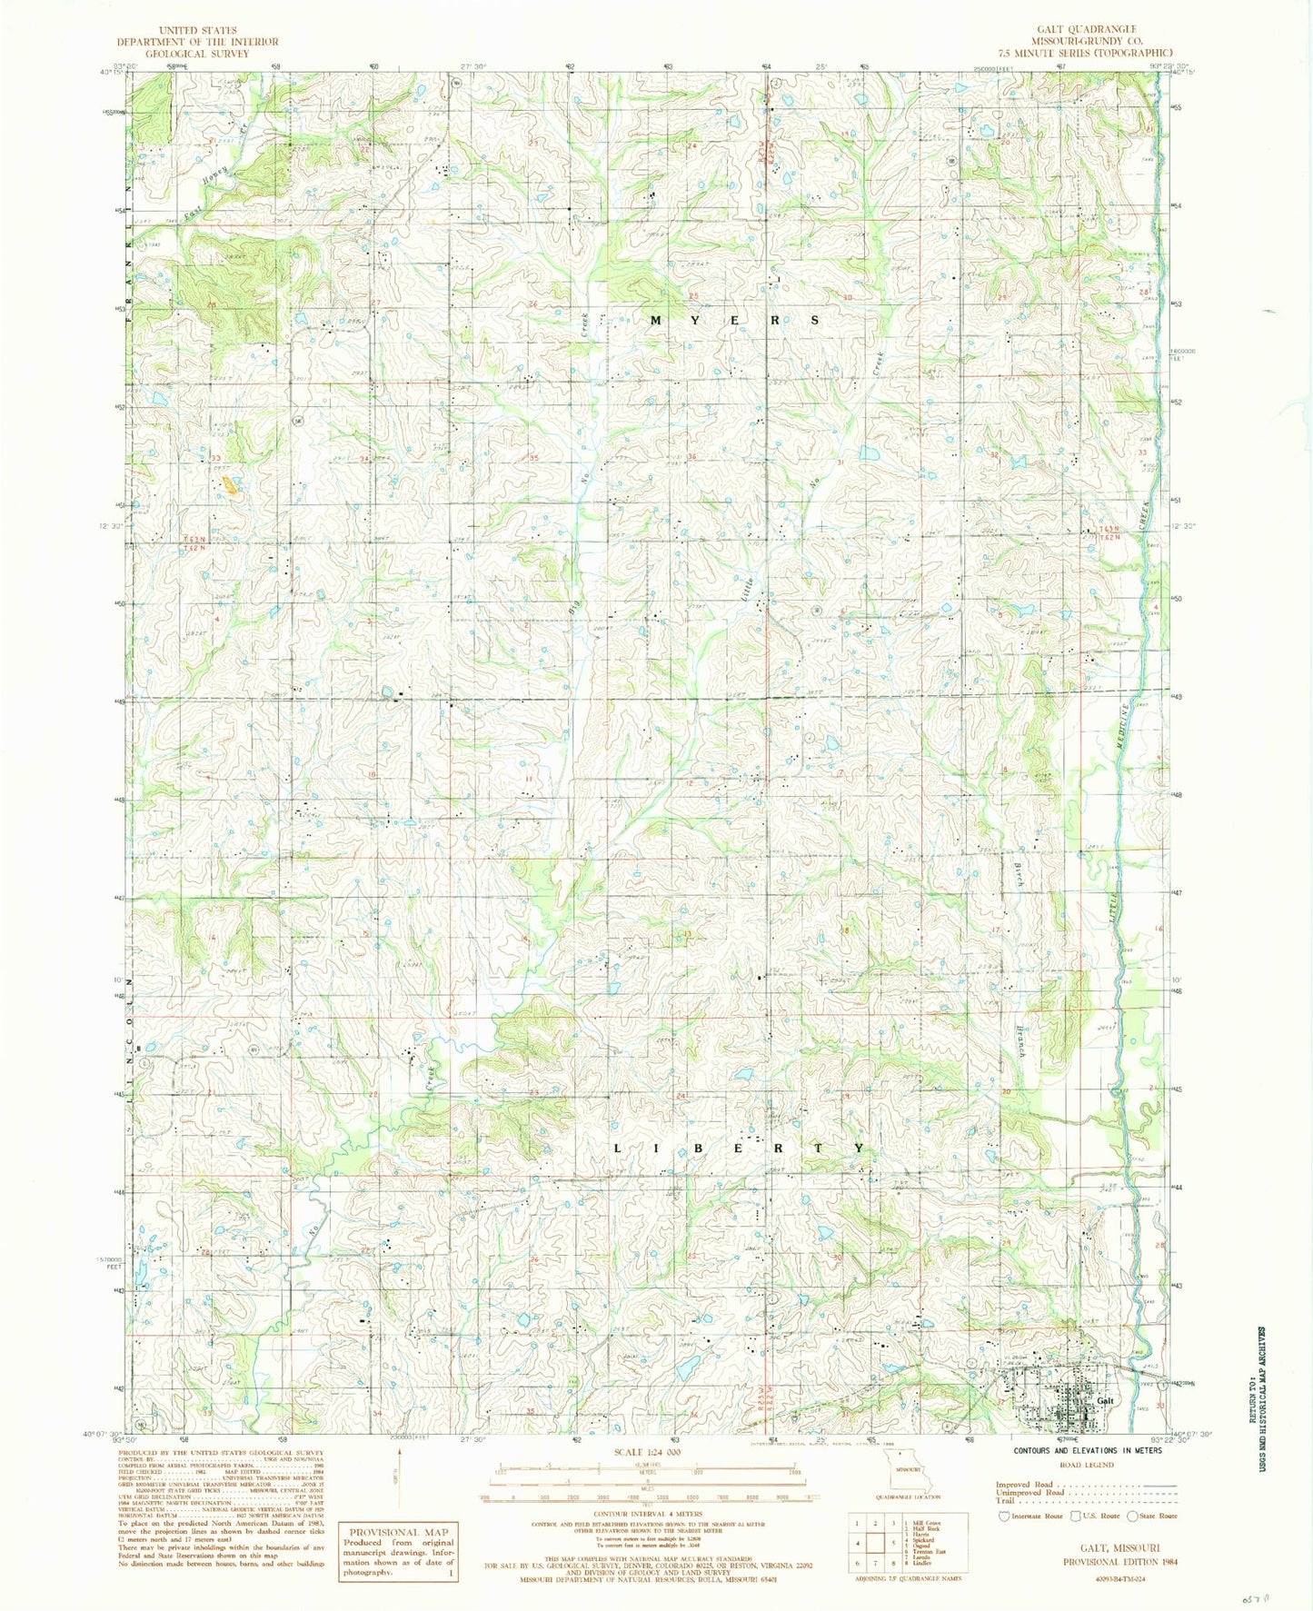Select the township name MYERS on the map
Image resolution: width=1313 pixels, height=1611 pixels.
point(736,320)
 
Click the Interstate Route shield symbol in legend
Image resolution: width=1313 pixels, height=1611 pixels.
point(1004,1516)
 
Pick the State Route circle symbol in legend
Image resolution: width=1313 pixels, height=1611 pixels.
point(1132,1516)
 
